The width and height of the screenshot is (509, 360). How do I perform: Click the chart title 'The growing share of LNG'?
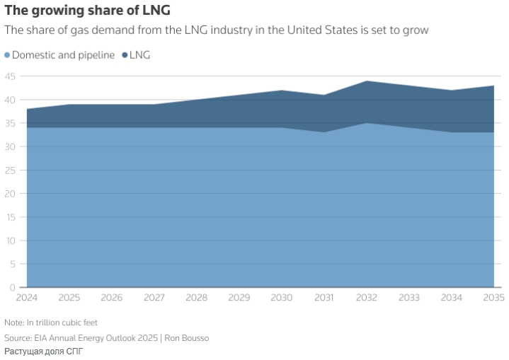pos(87,11)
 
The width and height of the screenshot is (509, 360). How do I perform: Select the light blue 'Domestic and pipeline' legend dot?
pos(7,55)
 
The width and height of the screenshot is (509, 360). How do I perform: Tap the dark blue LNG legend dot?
pos(125,55)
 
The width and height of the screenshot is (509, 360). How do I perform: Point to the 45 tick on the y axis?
pos(11,76)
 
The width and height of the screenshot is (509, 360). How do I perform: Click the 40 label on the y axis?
pos(11,100)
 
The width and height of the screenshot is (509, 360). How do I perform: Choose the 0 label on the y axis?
pos(13,287)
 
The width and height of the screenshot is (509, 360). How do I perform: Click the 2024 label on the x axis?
pos(27,298)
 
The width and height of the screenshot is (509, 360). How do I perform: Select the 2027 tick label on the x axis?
pos(154,298)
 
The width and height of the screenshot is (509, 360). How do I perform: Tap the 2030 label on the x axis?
pos(282,298)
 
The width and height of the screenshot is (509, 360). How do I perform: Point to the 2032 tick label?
pos(367,298)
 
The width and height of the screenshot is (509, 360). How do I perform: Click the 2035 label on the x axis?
pos(493,298)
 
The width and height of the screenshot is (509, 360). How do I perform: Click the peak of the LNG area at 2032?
pos(367,81)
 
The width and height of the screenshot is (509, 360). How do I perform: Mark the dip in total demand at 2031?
pos(324,95)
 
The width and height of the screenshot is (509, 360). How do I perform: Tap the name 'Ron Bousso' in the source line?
pos(187,338)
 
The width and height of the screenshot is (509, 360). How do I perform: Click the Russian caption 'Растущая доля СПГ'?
pos(43,352)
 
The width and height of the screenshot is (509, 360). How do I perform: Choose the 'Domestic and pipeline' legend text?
pos(63,55)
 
